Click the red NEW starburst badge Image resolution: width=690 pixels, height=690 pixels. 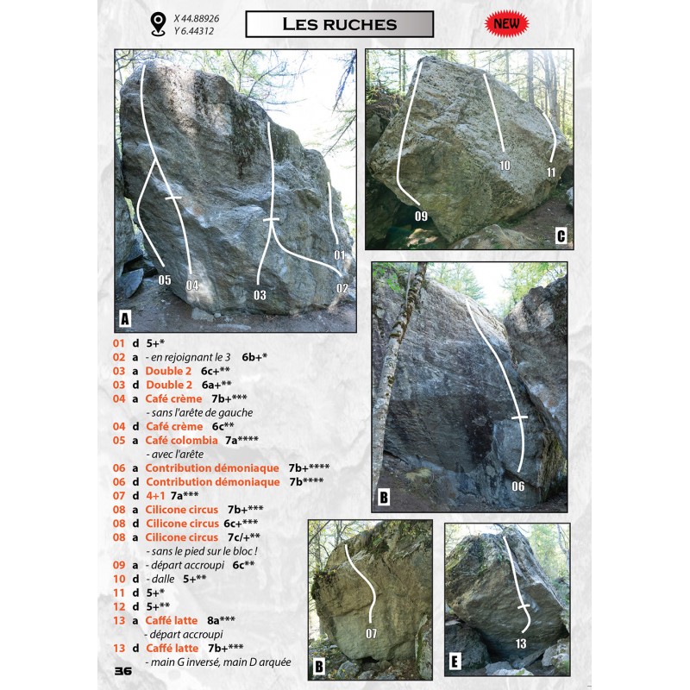pos(506,23)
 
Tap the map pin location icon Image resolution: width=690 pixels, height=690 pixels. pos(158,24)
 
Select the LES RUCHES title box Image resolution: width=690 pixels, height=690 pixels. pos(339,24)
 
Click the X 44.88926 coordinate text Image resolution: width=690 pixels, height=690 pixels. pos(197,18)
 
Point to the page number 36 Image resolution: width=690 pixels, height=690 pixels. pos(123,671)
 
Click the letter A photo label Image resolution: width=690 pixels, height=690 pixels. pos(125,318)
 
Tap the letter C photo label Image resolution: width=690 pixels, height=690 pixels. pos(561,235)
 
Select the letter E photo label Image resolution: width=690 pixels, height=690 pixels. pos(455,661)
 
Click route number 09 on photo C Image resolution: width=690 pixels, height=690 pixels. pos(421,216)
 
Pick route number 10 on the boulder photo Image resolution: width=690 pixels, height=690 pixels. pos(505,166)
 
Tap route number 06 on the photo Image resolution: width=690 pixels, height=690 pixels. pos(518,486)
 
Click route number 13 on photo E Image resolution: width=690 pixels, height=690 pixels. pos(521,643)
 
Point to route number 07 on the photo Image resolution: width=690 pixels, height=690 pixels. pos(371,634)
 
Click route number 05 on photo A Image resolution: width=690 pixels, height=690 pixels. pos(165,279)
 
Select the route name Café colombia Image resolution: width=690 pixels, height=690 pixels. pos(181,440)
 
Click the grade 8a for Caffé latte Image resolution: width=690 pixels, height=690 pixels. pos(213,620)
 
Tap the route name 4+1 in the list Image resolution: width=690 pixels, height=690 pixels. pos(155,495)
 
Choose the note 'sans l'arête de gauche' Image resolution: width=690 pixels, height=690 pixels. pos(199,413)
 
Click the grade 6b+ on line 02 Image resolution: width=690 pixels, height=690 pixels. pos(250,357)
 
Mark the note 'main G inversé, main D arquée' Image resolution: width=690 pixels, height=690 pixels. pos(218,662)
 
